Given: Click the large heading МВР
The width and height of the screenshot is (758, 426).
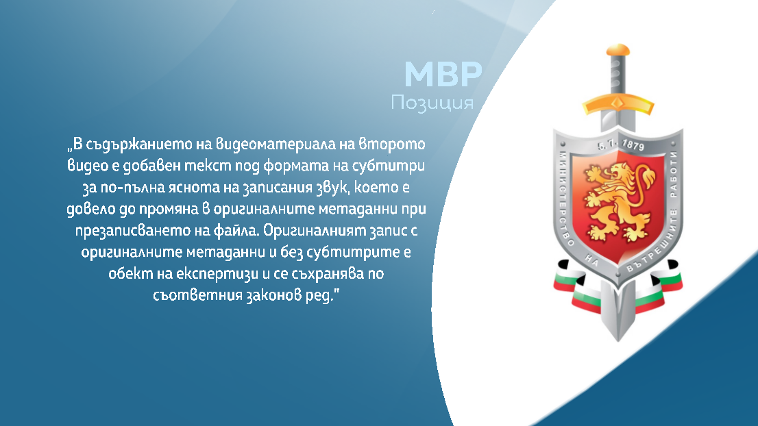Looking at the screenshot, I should pyautogui.click(x=443, y=74).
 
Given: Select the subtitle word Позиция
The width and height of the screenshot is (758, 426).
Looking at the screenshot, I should pyautogui.click(x=432, y=103).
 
